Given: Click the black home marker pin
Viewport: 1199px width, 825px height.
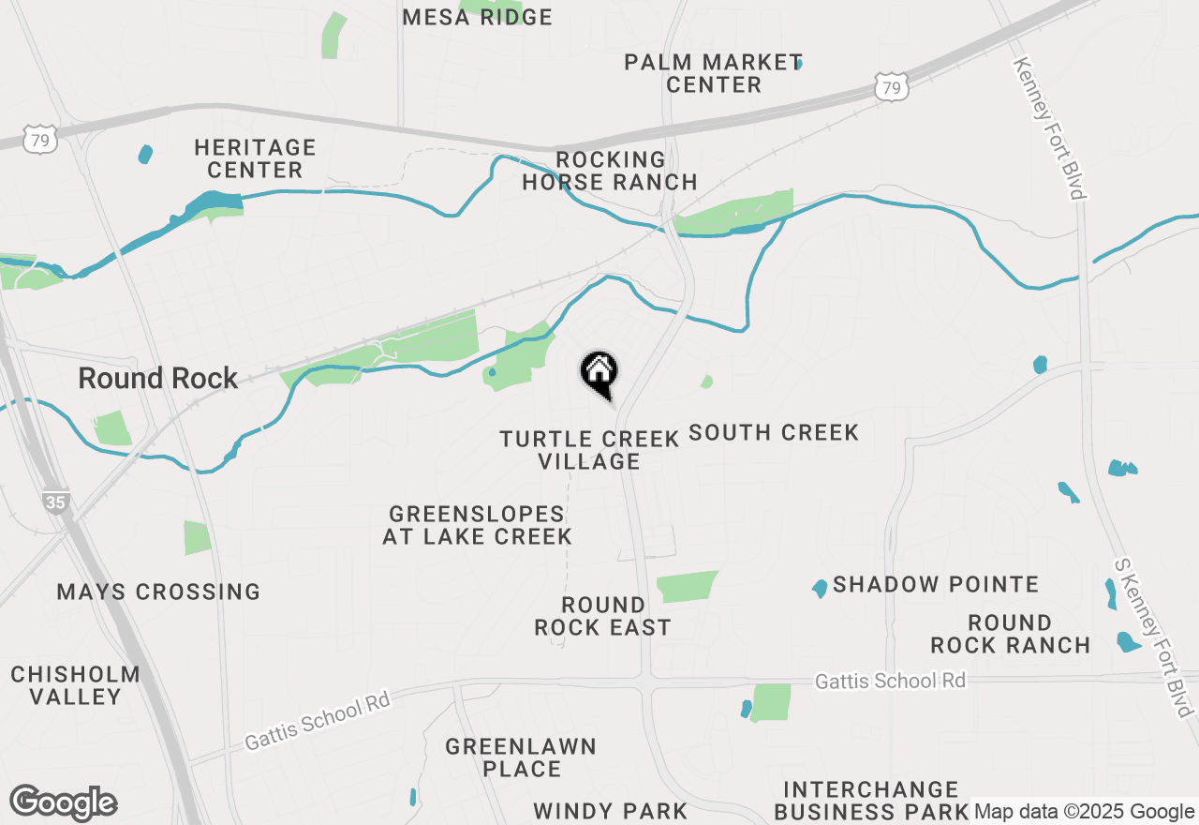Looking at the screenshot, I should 599,373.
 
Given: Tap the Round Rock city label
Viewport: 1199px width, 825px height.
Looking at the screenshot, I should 158,379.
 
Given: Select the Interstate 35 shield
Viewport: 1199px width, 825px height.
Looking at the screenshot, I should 55,502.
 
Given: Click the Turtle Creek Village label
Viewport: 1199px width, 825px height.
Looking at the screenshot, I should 589,450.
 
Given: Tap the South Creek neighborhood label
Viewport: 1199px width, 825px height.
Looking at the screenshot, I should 774,432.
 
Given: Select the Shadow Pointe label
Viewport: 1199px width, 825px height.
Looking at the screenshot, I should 936,584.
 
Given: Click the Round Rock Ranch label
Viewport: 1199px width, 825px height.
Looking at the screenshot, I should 1010,634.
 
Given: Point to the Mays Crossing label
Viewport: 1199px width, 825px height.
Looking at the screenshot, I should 158,592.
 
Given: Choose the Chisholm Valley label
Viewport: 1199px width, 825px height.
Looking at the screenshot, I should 76,685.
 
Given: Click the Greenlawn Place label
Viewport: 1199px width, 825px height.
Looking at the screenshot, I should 521,757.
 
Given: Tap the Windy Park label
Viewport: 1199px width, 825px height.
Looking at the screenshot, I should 611,811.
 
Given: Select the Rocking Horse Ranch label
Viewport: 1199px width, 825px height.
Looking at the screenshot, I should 610,171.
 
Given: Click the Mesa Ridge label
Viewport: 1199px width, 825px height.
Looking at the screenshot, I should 478,17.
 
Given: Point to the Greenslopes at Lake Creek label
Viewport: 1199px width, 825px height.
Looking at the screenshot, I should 478,525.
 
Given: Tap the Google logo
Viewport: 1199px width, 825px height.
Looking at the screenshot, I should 64,803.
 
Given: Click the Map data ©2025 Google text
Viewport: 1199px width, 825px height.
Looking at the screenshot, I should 1083,812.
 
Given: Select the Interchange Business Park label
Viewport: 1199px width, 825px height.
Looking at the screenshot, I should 871,800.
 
